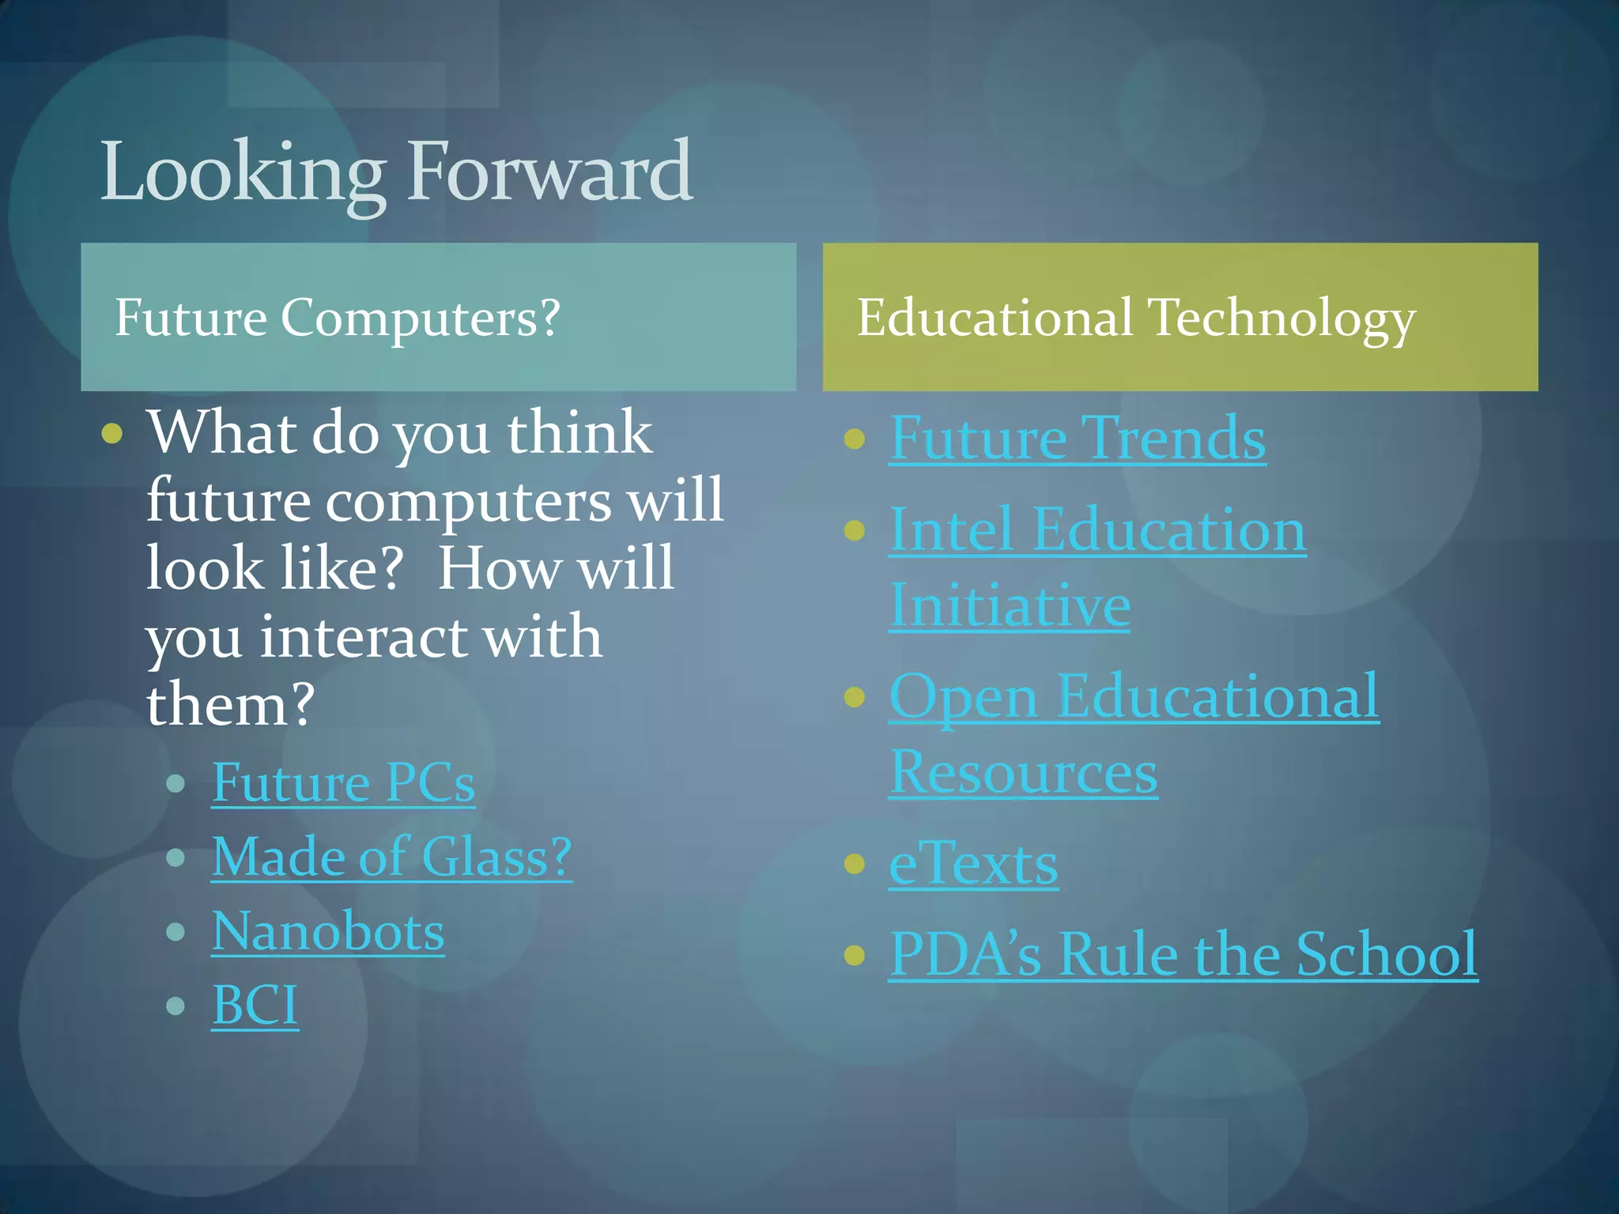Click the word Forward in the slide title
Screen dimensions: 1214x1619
coord(549,171)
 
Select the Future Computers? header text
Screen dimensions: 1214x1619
coord(338,318)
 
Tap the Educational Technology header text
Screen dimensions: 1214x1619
coord(1136,318)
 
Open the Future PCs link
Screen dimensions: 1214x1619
coord(343,782)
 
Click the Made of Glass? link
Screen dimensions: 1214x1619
coord(391,857)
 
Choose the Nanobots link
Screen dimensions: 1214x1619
coord(327,931)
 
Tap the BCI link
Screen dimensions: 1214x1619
coord(255,1005)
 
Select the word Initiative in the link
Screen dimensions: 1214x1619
coord(1010,605)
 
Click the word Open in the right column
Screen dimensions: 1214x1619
coord(963,697)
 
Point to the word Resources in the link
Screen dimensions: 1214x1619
coord(1023,772)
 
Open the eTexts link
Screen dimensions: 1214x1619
coord(973,864)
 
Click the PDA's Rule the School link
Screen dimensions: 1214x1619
coord(1183,954)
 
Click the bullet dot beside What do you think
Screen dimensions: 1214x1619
coord(112,433)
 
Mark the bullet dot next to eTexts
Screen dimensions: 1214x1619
coord(854,863)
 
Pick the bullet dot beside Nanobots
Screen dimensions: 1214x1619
coord(175,932)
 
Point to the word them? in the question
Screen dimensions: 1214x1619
coord(231,704)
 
